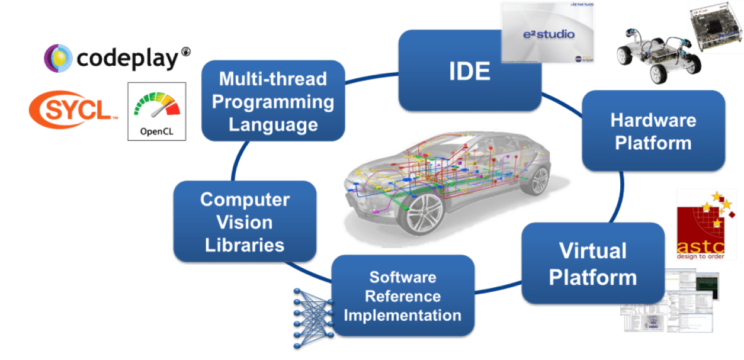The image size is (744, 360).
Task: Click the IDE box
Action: (469, 72)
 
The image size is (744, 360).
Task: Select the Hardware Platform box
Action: (653, 131)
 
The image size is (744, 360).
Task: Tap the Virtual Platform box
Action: (592, 264)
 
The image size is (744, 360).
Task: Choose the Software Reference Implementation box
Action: (402, 296)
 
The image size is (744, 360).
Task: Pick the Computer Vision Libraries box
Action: (245, 222)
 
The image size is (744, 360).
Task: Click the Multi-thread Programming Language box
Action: (273, 101)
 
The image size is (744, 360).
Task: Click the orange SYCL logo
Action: (72, 110)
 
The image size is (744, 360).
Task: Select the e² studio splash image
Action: (547, 32)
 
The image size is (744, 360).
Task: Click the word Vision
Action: (245, 223)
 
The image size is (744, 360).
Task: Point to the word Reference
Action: (402, 296)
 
